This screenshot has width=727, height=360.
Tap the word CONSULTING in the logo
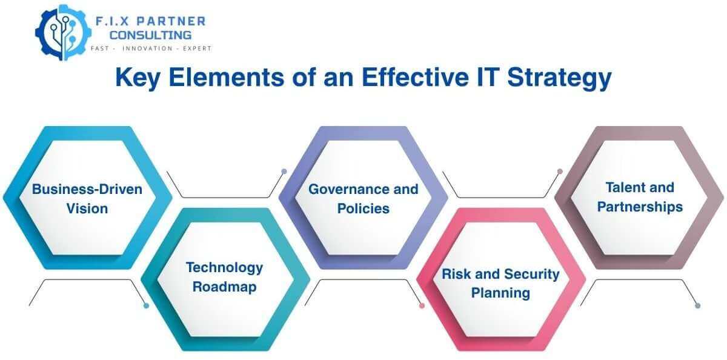[150, 36]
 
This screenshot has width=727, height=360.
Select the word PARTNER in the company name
[176, 21]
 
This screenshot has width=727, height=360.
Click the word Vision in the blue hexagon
[87, 208]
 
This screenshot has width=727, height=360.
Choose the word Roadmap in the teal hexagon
[224, 287]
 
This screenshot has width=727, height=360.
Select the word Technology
[224, 267]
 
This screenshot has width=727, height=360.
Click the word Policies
[363, 208]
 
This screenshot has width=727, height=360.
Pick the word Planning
[500, 293]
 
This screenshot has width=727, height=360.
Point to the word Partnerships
[640, 207]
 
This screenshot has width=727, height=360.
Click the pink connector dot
[422, 305]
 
